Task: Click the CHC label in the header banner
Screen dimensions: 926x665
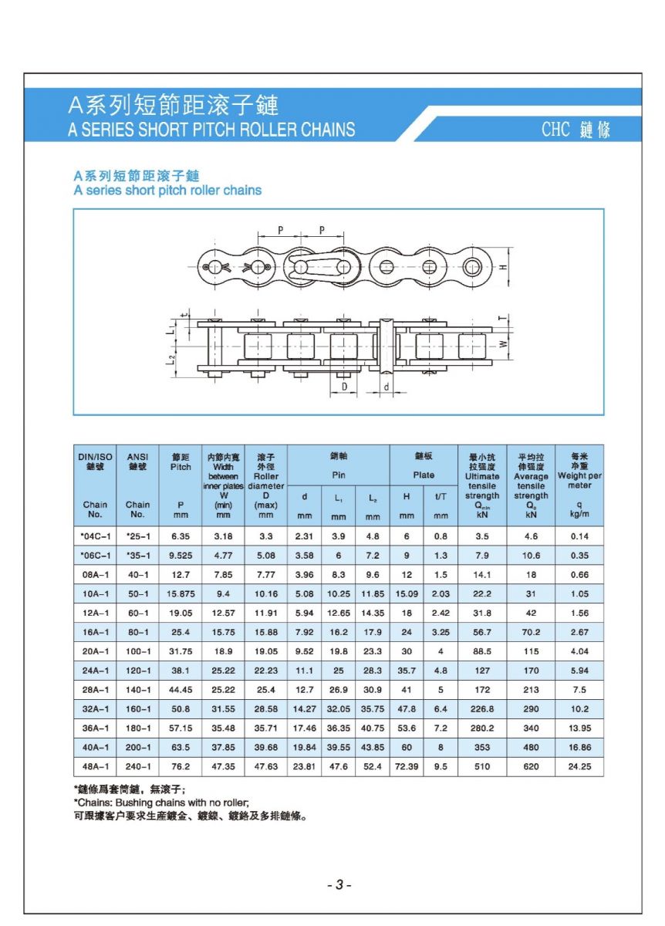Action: [555, 129]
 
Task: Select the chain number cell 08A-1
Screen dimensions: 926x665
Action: [95, 575]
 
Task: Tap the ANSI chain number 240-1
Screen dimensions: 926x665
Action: [138, 767]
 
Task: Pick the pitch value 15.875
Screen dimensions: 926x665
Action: [180, 594]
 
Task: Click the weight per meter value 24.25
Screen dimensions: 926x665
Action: [579, 767]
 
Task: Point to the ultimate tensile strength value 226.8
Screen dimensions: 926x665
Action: [482, 709]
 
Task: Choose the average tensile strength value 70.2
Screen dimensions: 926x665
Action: [531, 632]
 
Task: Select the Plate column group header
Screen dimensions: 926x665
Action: [424, 475]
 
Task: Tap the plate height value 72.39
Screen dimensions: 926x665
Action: [407, 767]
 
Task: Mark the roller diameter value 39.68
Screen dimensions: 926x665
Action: [265, 748]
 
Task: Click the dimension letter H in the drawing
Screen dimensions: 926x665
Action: [503, 267]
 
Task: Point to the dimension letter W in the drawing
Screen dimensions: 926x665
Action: [503, 345]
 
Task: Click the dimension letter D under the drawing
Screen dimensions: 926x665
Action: [344, 385]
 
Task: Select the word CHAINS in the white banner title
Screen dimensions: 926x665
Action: [328, 130]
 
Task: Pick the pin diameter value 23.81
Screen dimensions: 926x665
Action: [305, 767]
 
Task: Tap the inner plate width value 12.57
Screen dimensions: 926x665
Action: [223, 613]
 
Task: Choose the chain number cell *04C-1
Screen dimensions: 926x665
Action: [95, 536]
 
